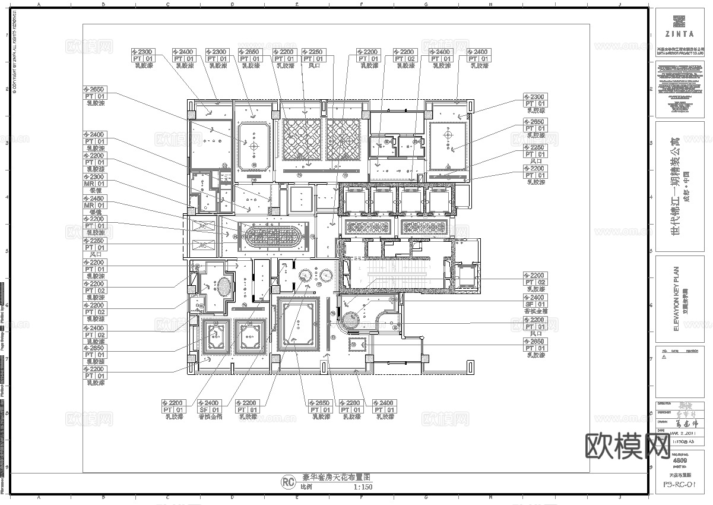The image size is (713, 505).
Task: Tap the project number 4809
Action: coord(679,460)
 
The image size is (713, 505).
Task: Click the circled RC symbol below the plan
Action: coord(287,481)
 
